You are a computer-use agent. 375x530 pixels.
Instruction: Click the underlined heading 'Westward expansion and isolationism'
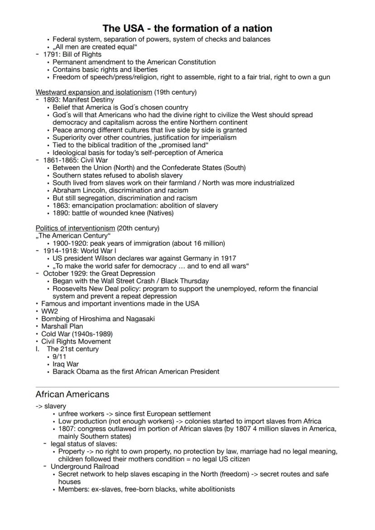tap(94, 92)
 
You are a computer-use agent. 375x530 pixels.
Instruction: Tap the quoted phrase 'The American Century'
tap(72, 236)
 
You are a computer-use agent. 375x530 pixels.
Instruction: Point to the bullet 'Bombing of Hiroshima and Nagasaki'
tap(98, 319)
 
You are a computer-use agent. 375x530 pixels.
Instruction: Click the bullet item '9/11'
tap(59, 357)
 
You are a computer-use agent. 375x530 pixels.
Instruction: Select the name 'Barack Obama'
tap(76, 372)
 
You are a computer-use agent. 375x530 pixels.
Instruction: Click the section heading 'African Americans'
tap(72, 395)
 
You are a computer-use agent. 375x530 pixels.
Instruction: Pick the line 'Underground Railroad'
tap(85, 466)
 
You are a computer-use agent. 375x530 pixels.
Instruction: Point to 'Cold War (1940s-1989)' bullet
tap(77, 334)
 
